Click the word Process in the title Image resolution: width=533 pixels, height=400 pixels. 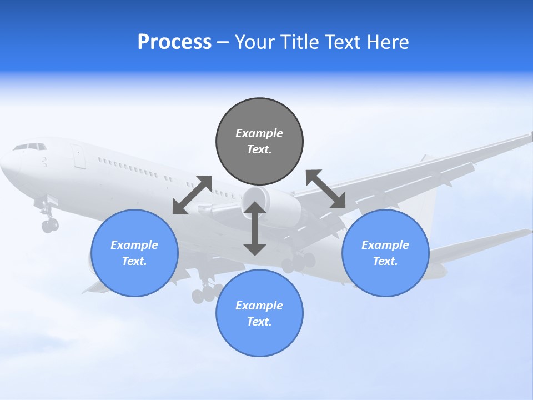coord(174,42)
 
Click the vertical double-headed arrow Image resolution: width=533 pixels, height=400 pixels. coord(255,228)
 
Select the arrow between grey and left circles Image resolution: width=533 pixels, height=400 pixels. coord(192,195)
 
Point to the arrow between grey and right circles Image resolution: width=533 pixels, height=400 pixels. coord(326,189)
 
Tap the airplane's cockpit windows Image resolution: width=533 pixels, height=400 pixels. coord(30,147)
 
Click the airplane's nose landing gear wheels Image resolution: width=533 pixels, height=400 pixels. coord(49,224)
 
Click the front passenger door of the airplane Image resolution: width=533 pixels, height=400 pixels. coord(78,156)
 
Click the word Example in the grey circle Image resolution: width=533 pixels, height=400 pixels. coord(259,133)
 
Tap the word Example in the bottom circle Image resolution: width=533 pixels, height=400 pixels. coord(259,306)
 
